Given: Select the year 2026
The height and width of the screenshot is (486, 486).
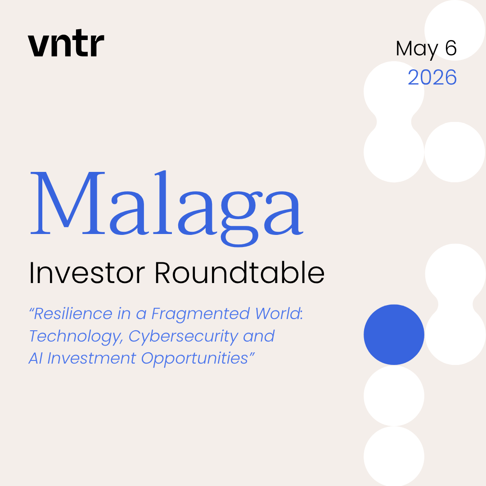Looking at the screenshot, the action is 432,77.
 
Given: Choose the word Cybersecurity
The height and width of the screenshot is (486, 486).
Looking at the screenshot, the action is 184,337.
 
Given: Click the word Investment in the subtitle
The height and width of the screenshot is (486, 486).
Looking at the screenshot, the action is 92,358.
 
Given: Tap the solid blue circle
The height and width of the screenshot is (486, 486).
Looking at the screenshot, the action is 394,334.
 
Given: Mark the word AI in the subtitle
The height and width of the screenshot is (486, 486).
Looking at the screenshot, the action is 36,358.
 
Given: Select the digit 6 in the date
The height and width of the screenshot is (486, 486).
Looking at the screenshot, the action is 451,48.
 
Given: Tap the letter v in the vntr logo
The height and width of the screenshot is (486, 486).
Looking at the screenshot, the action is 38,45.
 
